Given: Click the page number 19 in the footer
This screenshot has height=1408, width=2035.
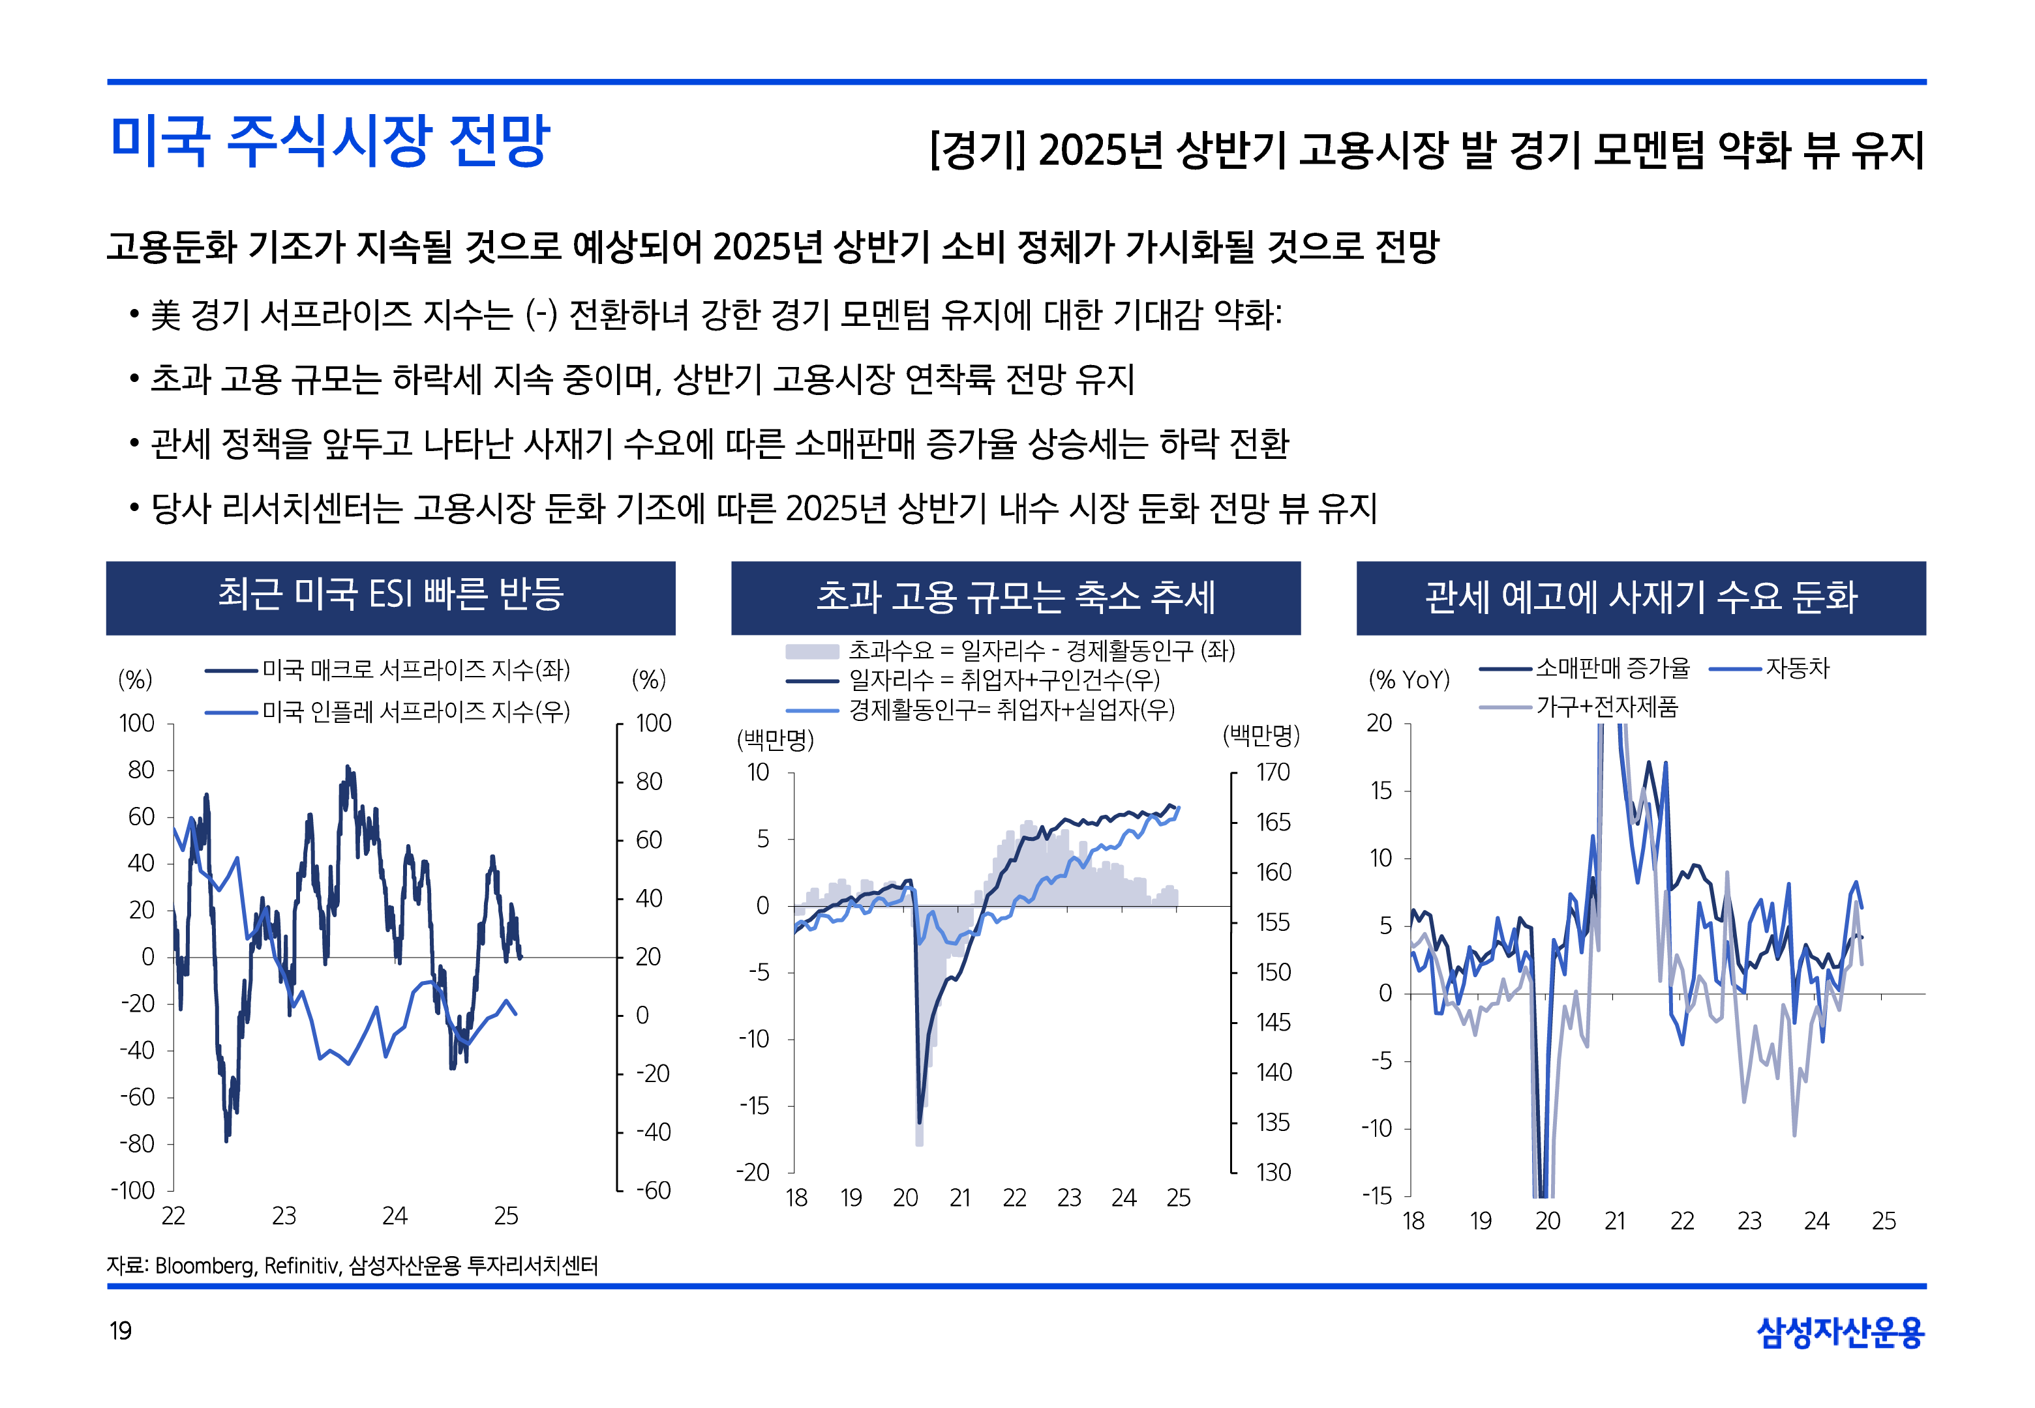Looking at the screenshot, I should pyautogui.click(x=120, y=1330).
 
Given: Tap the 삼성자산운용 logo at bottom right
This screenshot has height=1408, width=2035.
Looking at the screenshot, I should pyautogui.click(x=1839, y=1332).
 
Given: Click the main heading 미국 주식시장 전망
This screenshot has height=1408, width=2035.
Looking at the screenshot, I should pyautogui.click(x=330, y=141).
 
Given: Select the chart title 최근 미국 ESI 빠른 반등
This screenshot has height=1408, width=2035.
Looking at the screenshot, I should pyautogui.click(x=390, y=594).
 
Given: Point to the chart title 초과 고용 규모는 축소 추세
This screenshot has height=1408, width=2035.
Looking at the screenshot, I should pyautogui.click(x=1015, y=597).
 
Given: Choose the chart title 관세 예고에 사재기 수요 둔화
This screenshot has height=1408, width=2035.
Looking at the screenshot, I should pyautogui.click(x=1640, y=597).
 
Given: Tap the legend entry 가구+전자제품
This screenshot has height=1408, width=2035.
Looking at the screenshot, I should pyautogui.click(x=1606, y=707).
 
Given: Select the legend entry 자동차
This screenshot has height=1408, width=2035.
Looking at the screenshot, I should pyautogui.click(x=1797, y=668).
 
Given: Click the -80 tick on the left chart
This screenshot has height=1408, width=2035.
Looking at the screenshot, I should pyautogui.click(x=138, y=1143).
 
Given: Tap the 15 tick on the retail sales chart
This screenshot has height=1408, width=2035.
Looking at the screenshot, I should pyautogui.click(x=1381, y=791).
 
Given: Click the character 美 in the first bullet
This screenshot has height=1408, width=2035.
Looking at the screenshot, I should pyautogui.click(x=166, y=315).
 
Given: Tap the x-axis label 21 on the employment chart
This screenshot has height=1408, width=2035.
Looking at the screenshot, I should pyautogui.click(x=960, y=1197).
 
